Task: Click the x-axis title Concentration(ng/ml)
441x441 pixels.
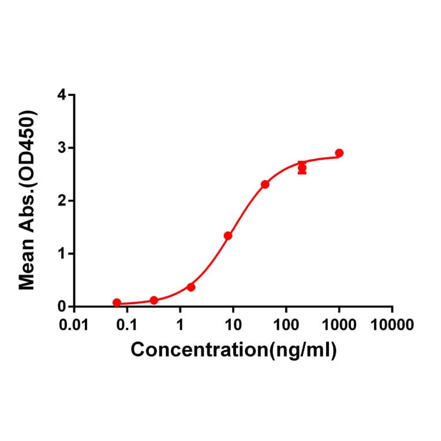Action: coord(233,350)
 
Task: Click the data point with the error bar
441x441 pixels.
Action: coord(302,168)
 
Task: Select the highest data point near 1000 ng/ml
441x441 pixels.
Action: coord(339,153)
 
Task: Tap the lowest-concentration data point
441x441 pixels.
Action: coord(117,302)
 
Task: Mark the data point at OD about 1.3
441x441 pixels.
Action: coord(228,236)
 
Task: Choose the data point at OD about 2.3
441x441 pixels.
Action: coord(265,184)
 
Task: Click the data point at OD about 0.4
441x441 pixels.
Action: coord(191,287)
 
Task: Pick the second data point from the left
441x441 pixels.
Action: coord(154,300)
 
